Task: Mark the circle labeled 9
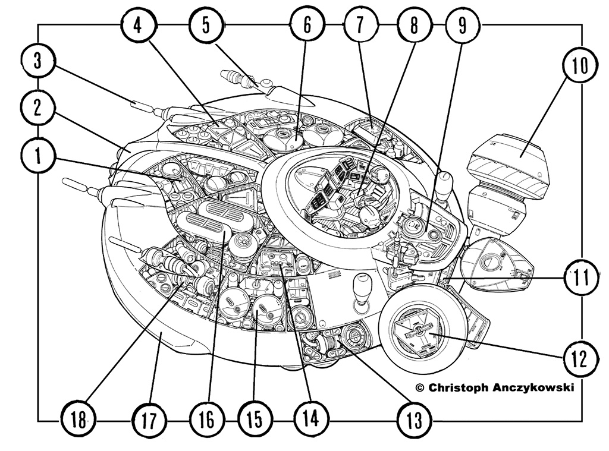pos(463,26)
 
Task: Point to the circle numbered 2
pos(37,109)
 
